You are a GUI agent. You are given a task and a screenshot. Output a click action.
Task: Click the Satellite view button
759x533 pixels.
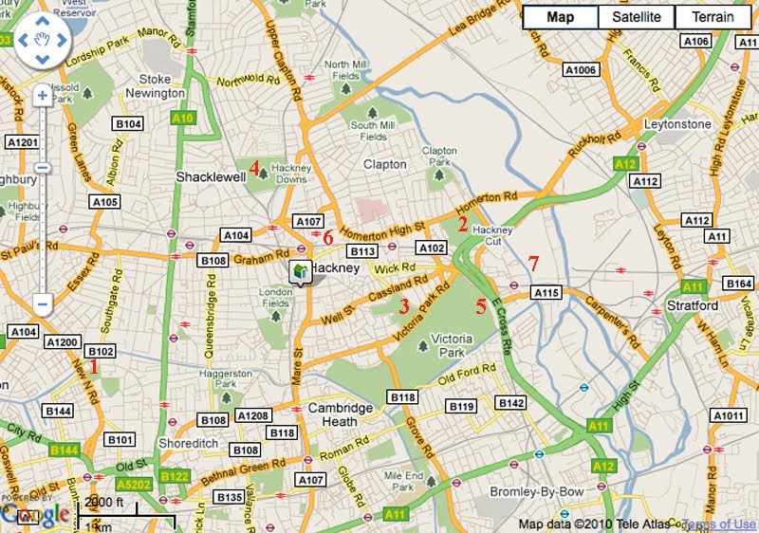click(637, 17)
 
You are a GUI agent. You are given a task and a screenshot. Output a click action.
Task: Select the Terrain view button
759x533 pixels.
click(713, 17)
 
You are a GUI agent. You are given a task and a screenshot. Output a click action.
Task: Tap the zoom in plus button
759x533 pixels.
click(42, 96)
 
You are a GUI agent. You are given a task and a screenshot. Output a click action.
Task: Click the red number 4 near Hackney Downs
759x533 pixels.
click(254, 168)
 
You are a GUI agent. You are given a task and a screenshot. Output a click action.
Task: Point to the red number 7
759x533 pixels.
click(533, 263)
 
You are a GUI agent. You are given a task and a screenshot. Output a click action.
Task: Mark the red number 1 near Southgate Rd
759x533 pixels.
click(94, 364)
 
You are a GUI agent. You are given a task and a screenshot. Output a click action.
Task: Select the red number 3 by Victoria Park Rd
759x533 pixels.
click(404, 305)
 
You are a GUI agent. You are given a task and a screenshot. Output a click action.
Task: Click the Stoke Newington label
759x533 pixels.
click(162, 86)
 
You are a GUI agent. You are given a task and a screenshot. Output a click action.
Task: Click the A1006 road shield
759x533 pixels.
click(581, 70)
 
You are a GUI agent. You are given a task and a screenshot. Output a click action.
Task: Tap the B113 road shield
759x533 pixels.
click(361, 251)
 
